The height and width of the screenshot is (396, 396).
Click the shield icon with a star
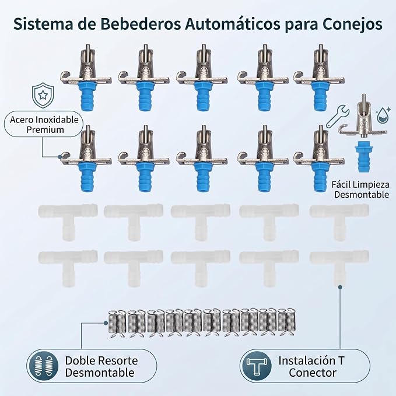point(43,95)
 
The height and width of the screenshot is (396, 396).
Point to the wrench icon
point(338,116)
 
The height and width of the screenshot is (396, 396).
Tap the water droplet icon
point(383,115)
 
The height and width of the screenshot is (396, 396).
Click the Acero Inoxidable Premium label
point(44,124)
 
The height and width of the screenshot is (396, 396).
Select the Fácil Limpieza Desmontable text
point(360,190)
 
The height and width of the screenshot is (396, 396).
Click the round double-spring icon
point(43,366)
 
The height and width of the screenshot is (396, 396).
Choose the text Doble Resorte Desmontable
point(101,367)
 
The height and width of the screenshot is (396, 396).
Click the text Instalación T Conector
point(311,367)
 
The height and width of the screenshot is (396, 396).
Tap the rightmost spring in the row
point(290,322)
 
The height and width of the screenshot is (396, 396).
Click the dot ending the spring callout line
point(106,323)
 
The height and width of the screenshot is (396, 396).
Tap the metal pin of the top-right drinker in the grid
point(321,51)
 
